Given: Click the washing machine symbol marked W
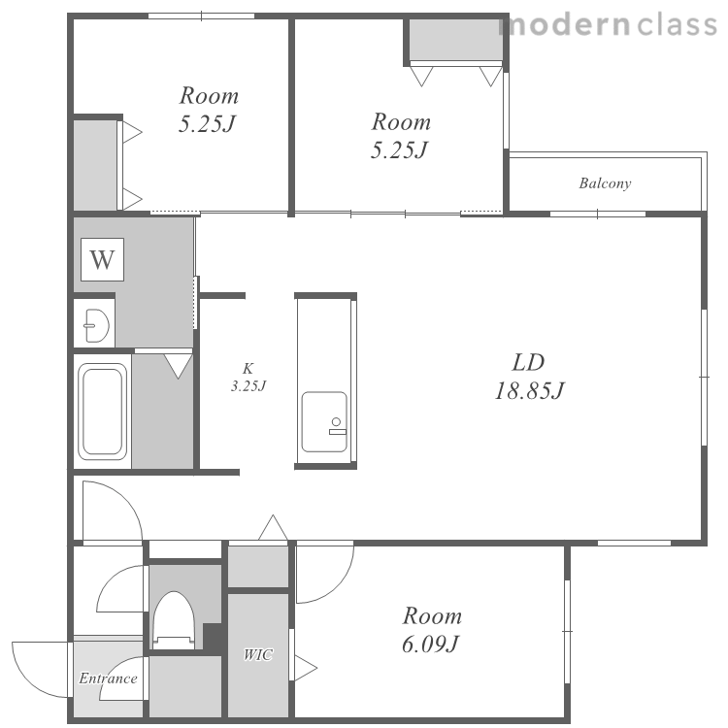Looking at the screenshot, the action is point(102,259).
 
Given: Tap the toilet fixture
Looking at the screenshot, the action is point(174,620).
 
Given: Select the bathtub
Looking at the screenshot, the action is point(103,412).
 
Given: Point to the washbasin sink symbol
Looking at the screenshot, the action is point(96,325).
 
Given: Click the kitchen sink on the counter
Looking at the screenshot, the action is point(324,421).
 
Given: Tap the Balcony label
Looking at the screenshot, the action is point(605,183).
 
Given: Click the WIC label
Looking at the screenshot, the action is point(258,654).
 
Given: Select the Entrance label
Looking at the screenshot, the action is point(108,678).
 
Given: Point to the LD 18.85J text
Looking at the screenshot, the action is point(529,377).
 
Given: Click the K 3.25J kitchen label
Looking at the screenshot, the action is point(248,377).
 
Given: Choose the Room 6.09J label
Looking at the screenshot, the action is point(432,630).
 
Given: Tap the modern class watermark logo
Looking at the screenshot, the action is point(609,24).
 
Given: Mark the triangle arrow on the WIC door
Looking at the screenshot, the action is point(305,668).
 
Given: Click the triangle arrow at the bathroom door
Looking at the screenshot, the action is point(179,365).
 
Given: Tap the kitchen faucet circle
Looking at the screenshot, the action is point(336,421).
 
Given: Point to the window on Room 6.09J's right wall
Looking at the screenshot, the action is point(567,632).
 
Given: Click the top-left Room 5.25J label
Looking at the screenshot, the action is point(209,110).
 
